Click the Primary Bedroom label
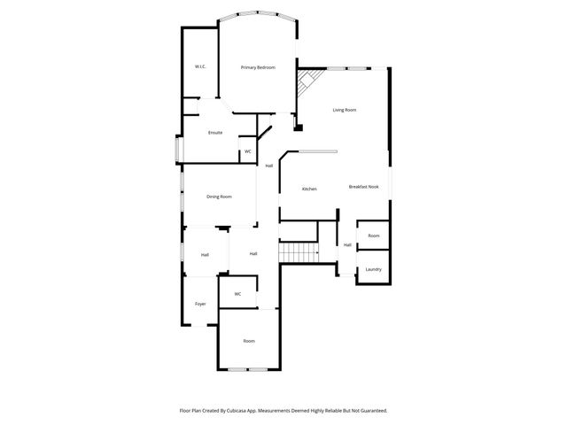tap(258, 67)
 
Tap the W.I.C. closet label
tap(201, 67)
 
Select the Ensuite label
tap(215, 133)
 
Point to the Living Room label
tap(345, 110)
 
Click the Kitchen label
tap(309, 189)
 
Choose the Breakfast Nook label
tap(364, 187)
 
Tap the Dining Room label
tap(219, 197)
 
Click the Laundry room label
tap(373, 269)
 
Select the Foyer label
tap(200, 304)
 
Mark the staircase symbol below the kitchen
tap(299, 252)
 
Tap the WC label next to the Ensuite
tap(248, 151)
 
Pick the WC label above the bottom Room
tap(237, 294)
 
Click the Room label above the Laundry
tap(374, 236)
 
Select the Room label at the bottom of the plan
tap(249, 341)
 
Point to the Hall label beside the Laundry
tap(347, 245)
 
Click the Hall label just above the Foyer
tap(205, 255)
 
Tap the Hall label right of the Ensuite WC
tap(268, 166)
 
